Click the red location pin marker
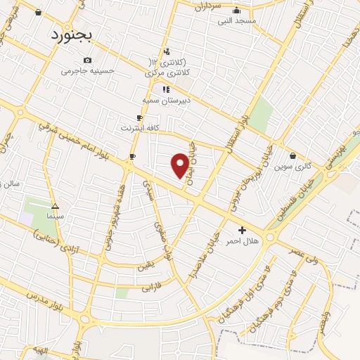click(x=180, y=165)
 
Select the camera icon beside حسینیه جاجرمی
click(x=87, y=60)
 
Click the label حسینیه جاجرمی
click(x=86, y=70)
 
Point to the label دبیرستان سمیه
click(x=167, y=100)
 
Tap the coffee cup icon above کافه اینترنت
click(x=139, y=117)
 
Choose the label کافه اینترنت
click(x=139, y=128)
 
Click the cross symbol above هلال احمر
click(x=243, y=230)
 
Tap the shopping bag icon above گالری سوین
click(x=292, y=155)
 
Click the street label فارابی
click(x=152, y=288)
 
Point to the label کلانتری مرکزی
click(x=164, y=72)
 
